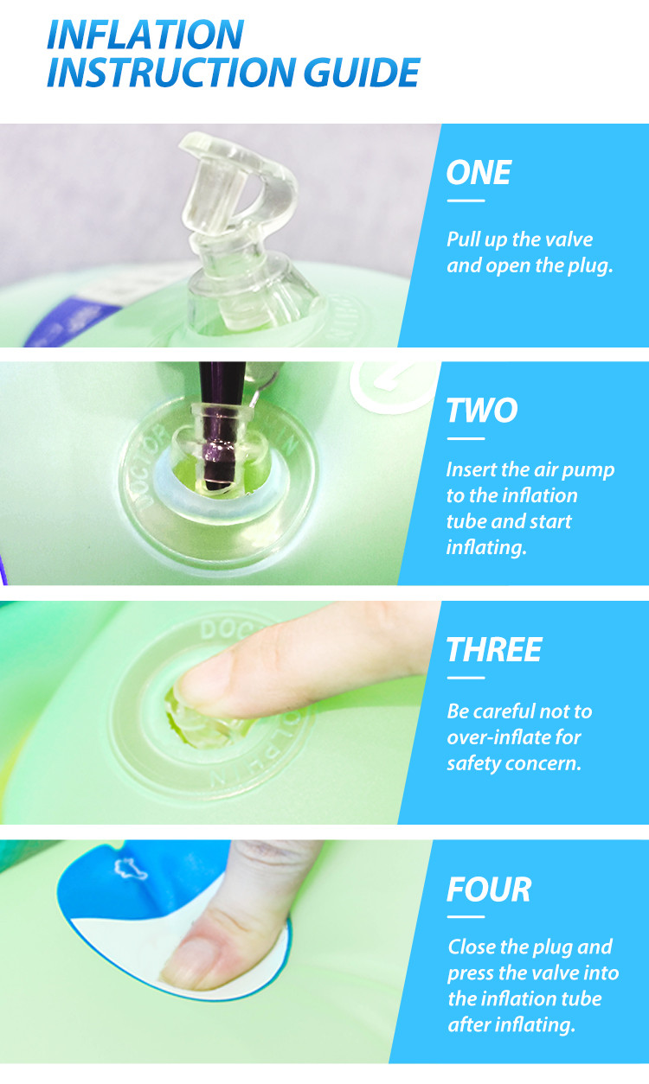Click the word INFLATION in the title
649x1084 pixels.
tap(145, 35)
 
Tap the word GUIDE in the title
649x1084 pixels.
tap(362, 73)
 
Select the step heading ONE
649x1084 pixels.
tap(479, 173)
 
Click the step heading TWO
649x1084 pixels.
tap(482, 411)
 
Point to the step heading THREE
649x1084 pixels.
tap(494, 649)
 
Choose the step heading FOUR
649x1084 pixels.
tap(489, 890)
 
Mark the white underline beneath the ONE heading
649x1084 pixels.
tap(466, 201)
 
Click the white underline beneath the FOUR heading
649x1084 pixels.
tap(466, 916)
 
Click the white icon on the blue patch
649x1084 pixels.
tap(129, 869)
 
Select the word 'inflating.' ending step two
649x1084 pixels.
tap(486, 548)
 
